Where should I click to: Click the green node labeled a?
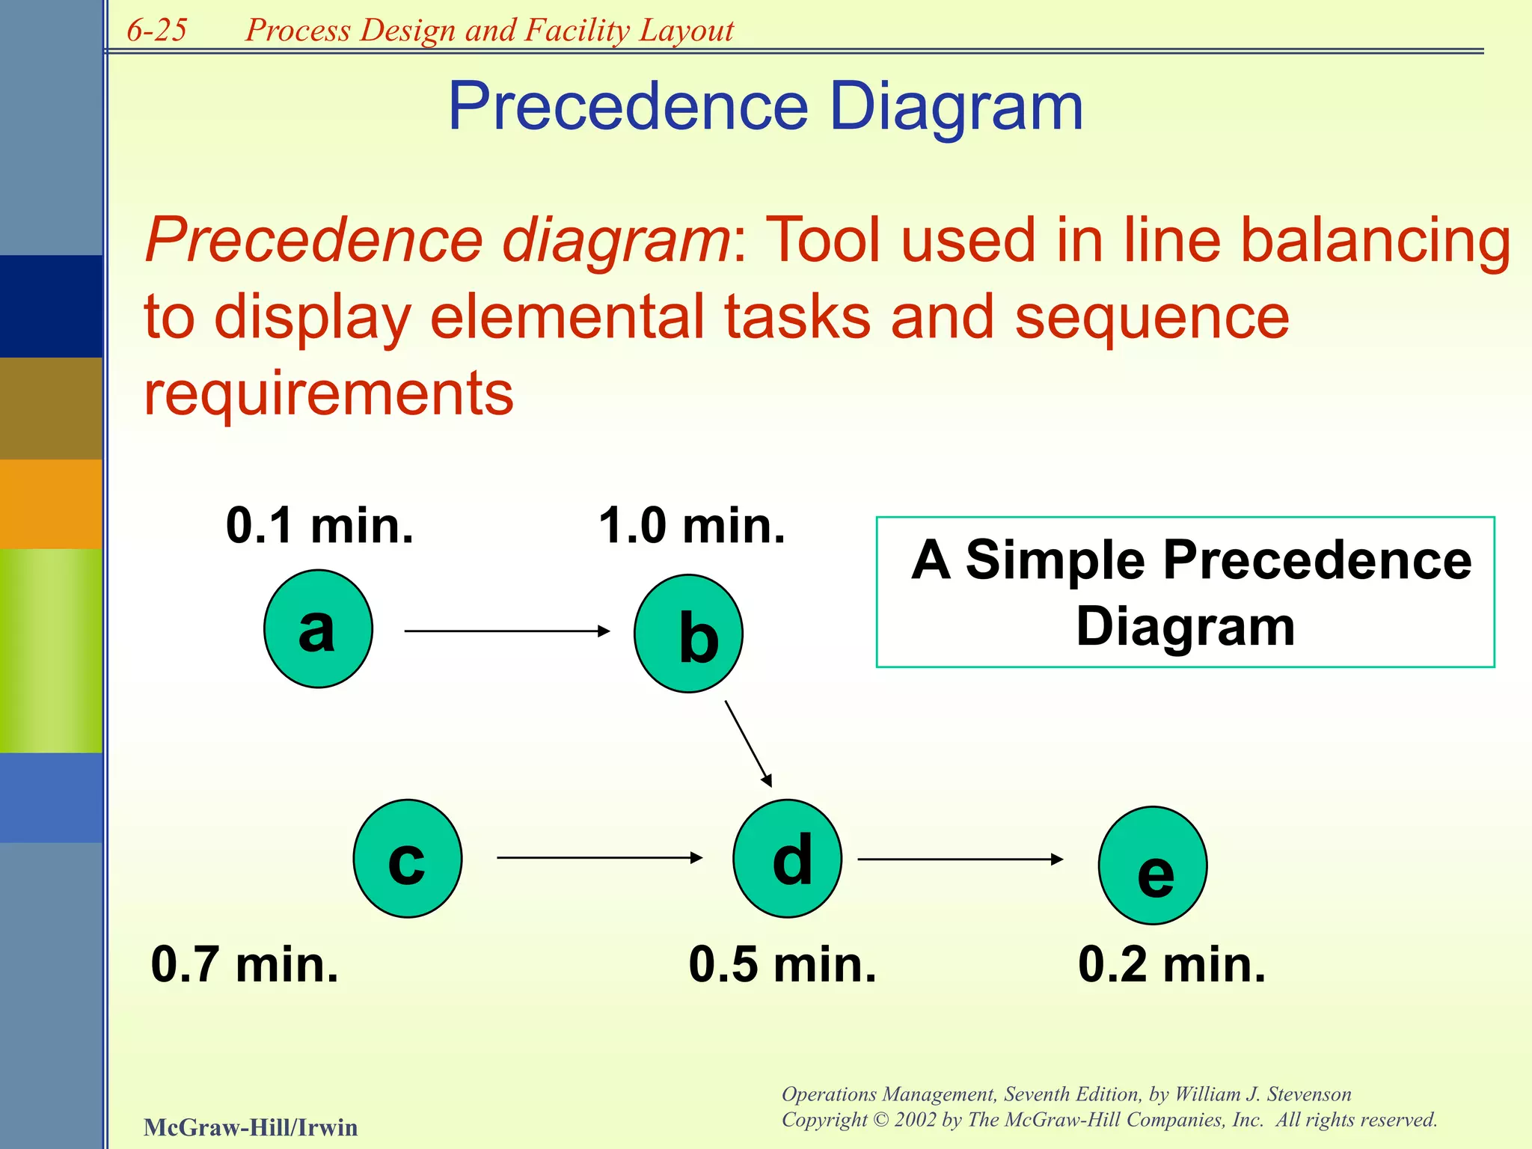click(x=318, y=628)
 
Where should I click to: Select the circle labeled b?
click(x=688, y=634)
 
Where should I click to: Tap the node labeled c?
click(x=408, y=858)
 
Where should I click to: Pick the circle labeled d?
click(x=787, y=858)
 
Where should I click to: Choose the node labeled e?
click(x=1153, y=865)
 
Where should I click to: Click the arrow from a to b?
click(x=506, y=631)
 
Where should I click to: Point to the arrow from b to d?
click(x=748, y=744)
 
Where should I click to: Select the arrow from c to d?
click(x=598, y=857)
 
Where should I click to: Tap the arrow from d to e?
click(x=959, y=860)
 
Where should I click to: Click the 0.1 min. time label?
click(x=319, y=526)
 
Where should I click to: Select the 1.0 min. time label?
click(x=692, y=526)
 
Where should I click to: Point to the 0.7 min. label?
click(x=245, y=964)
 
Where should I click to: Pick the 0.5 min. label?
click(x=782, y=964)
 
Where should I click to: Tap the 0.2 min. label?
click(x=1171, y=964)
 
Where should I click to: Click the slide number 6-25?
click(x=156, y=30)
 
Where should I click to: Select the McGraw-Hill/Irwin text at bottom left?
click(x=251, y=1127)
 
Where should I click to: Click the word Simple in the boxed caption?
click(x=1055, y=560)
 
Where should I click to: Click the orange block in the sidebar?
click(x=51, y=503)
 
